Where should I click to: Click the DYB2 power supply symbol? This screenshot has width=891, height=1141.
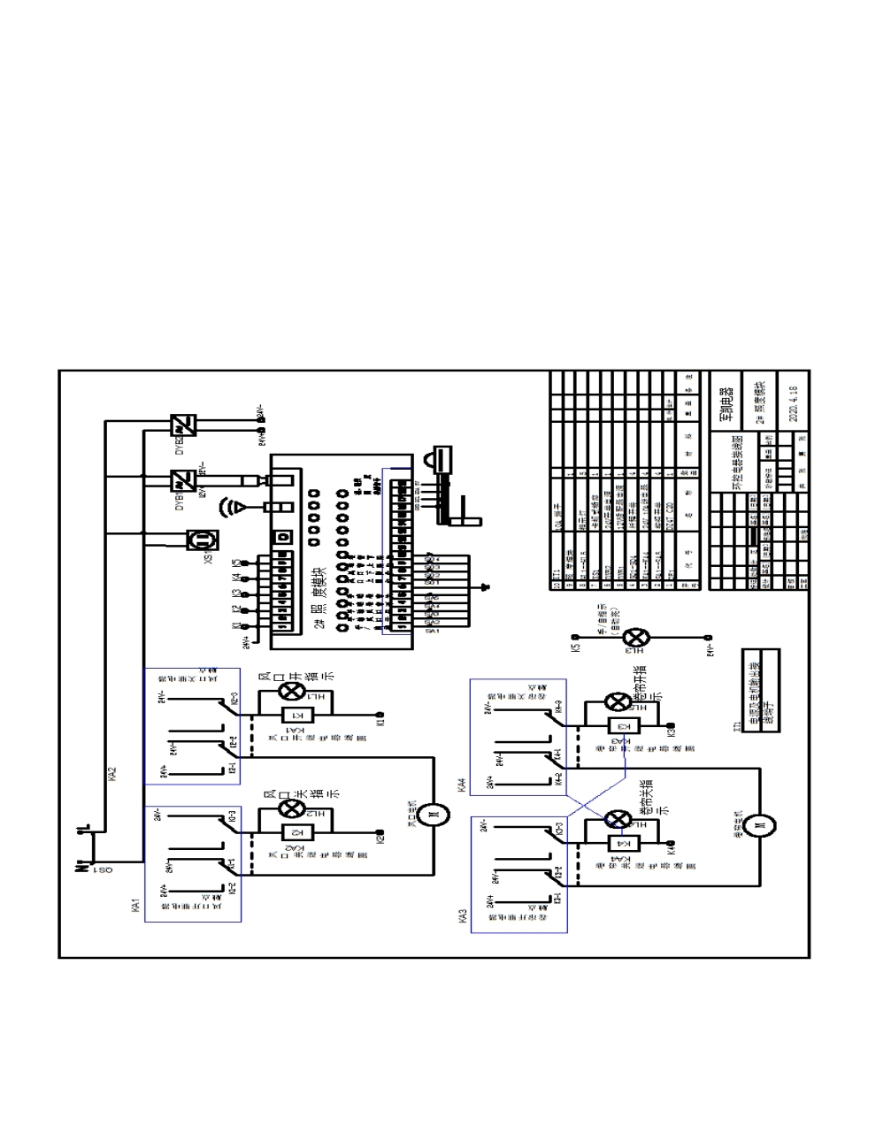click(186, 424)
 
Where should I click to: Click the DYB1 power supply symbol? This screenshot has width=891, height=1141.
click(183, 480)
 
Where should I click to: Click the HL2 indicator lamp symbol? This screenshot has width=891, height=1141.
click(291, 808)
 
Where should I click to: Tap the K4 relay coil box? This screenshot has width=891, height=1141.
click(618, 841)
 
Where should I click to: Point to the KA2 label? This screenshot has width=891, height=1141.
click(112, 775)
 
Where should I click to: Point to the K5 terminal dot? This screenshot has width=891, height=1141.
click(574, 637)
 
